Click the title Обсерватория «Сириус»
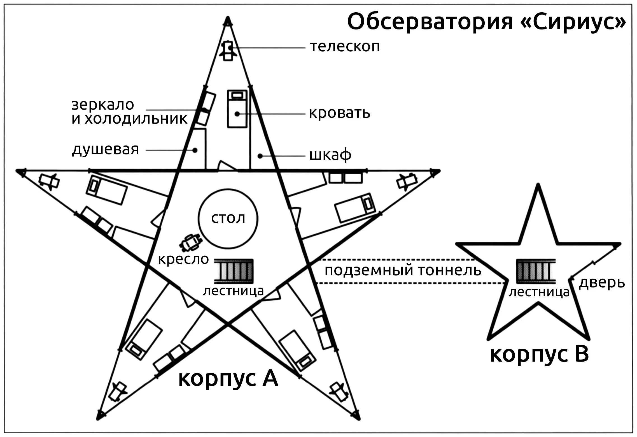coord(487,22)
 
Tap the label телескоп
coord(345,47)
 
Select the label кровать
coord(339,113)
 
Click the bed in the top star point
coord(237,109)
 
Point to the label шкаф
coord(330,155)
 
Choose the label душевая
coord(106,150)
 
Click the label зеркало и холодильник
coord(129,112)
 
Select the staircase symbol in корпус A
coord(234,271)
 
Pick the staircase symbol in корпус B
coord(536,271)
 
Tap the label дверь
coord(602,283)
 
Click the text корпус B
coord(540,355)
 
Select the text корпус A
coord(228,379)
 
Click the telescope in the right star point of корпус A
coord(407,182)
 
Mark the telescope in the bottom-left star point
coord(117,392)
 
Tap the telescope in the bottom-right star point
coord(339,392)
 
